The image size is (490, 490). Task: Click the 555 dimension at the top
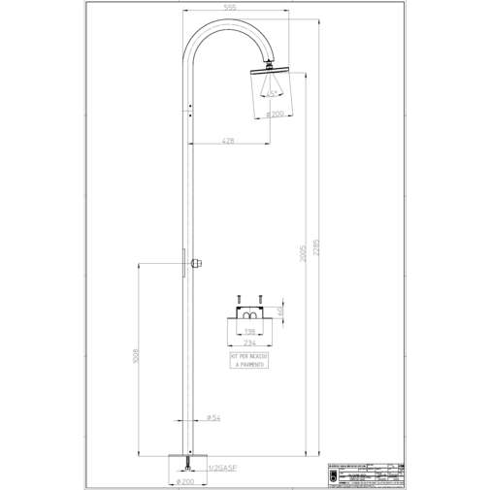point(229,7)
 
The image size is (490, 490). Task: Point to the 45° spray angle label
point(274,92)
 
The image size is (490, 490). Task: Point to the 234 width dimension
point(249,342)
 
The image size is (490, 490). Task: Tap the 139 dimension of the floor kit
point(249,331)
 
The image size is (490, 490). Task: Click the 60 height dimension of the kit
point(280,311)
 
